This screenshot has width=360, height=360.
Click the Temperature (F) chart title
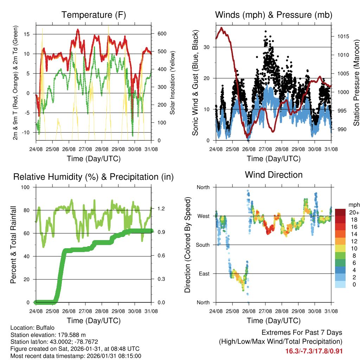(x=94, y=15)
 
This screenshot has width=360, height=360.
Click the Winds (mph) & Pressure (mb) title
(x=274, y=15)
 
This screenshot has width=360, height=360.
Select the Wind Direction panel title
(x=274, y=175)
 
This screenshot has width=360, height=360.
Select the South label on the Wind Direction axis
(x=203, y=245)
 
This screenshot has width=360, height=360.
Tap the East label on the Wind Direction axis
(x=204, y=274)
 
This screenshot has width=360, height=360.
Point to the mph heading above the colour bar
(x=353, y=205)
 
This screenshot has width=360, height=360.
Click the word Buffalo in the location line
(x=44, y=327)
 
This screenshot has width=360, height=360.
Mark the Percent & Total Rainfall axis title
(x=13, y=245)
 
